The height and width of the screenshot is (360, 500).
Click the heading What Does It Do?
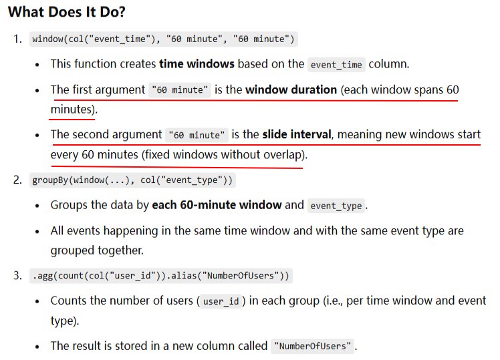(67, 12)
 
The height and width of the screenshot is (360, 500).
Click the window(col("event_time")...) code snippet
(163, 39)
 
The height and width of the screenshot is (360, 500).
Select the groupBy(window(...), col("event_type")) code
(133, 180)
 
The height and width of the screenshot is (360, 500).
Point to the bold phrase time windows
(197, 64)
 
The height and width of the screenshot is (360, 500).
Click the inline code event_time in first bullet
(337, 65)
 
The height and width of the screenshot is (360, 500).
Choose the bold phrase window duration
(291, 89)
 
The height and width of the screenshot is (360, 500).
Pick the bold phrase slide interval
(296, 134)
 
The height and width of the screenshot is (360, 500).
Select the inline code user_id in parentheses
(221, 301)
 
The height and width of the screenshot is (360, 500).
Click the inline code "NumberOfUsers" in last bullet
(312, 346)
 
